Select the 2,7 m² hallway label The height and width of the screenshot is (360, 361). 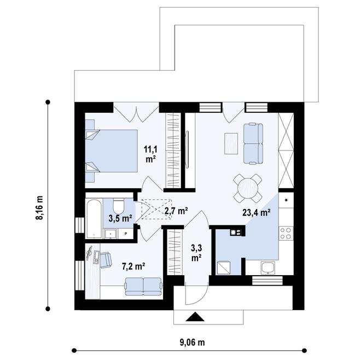click(176, 210)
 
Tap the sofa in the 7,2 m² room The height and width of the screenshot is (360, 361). click(143, 286)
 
